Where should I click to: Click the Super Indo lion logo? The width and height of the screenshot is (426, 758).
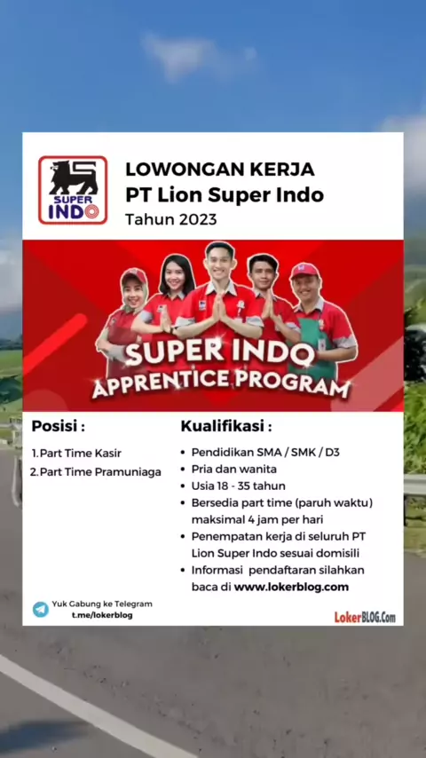click(x=73, y=190)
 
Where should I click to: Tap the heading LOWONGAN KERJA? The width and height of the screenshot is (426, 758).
click(x=220, y=170)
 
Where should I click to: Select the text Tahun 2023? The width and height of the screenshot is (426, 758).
click(x=170, y=219)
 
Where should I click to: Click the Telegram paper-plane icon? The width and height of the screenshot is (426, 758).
click(x=41, y=609)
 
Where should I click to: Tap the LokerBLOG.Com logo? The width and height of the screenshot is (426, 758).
click(x=365, y=617)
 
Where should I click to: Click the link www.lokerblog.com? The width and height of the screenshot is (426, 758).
click(x=292, y=587)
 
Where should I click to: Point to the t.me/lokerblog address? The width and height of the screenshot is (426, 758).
click(x=102, y=615)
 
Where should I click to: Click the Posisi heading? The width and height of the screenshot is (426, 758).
click(x=59, y=427)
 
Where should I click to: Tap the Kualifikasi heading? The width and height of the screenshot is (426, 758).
click(x=226, y=427)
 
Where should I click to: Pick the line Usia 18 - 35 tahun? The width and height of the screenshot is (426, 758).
click(x=239, y=486)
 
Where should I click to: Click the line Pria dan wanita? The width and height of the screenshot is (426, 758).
click(x=234, y=469)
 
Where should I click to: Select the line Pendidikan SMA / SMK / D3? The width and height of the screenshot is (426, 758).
click(x=265, y=453)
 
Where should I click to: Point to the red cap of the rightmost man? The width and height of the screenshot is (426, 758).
click(x=304, y=271)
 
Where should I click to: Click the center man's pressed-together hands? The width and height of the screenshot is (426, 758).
click(x=219, y=310)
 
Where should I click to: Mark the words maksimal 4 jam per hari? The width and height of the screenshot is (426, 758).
click(x=257, y=520)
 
